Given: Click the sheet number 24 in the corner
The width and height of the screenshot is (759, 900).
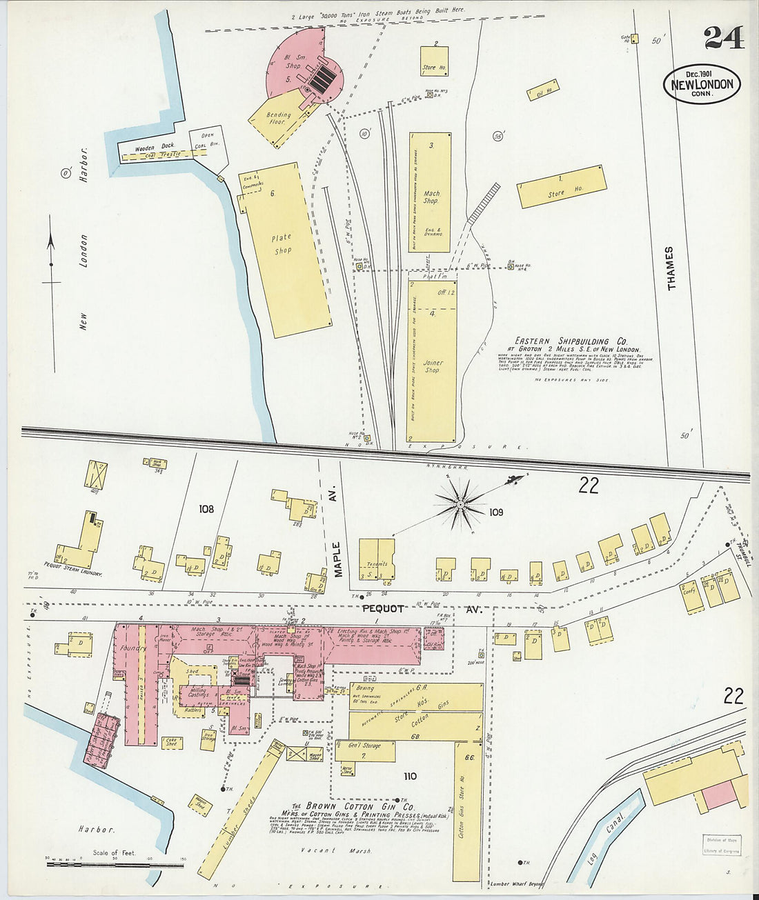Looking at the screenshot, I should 724,37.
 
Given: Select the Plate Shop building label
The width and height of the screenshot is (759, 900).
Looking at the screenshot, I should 282,244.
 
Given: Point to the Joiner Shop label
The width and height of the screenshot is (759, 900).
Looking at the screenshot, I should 433,366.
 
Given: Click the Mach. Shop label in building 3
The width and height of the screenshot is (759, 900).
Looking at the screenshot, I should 431,197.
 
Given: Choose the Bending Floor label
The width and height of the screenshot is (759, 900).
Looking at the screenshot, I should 279,118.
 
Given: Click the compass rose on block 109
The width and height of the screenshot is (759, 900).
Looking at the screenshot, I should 462,506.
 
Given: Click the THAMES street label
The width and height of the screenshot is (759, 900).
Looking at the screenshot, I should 670,268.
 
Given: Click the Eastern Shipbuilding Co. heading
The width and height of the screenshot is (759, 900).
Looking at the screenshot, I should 571,341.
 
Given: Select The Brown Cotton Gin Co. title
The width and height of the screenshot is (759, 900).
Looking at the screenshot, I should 352,806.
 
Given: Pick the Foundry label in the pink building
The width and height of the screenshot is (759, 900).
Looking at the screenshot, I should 133,648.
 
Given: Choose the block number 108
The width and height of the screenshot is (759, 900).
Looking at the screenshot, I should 206,509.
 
